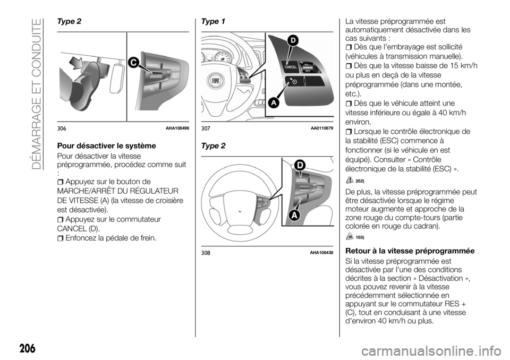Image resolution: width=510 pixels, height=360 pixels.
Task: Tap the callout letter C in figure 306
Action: click(132, 63)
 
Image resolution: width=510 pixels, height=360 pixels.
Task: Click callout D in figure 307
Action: click(292, 41)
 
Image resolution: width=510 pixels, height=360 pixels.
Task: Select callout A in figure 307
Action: click(274, 104)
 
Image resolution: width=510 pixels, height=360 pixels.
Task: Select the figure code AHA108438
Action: click(321, 252)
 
